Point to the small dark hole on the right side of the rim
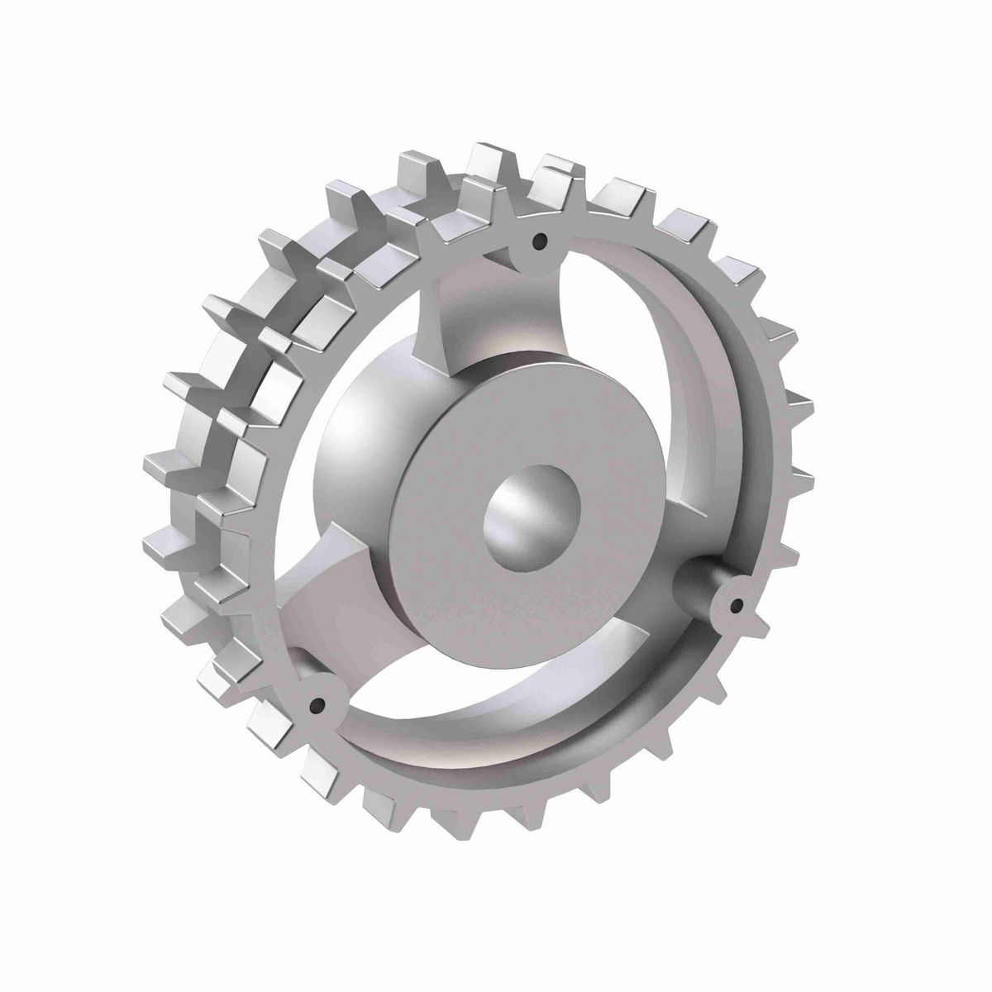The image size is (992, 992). point(735,607)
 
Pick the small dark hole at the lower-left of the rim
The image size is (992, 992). point(315,705)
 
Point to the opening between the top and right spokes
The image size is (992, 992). point(628,347)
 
